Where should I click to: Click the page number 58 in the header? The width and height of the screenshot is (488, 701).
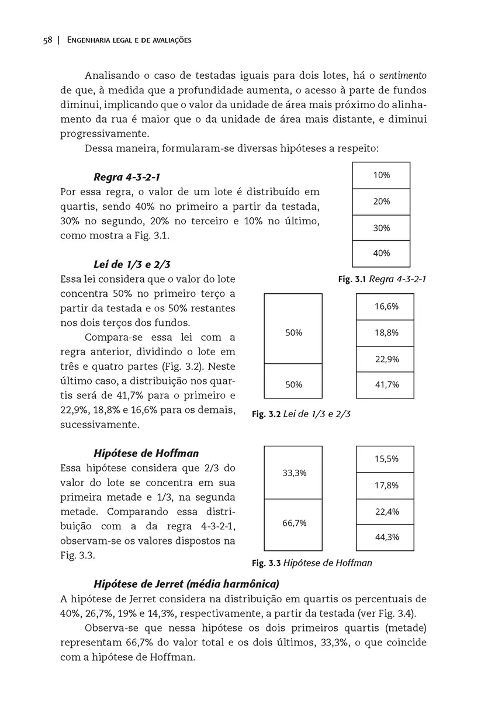pyautogui.click(x=47, y=40)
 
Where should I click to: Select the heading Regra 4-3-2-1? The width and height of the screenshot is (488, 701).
pyautogui.click(x=127, y=176)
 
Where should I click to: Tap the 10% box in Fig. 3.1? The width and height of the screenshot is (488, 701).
pyautogui.click(x=381, y=175)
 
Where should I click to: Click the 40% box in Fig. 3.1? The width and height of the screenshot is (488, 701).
pyautogui.click(x=381, y=254)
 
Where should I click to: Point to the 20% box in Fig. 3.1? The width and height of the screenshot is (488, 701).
pyautogui.click(x=381, y=202)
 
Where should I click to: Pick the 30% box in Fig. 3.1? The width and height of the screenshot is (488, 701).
pyautogui.click(x=381, y=228)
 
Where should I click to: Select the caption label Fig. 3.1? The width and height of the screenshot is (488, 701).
pyautogui.click(x=352, y=279)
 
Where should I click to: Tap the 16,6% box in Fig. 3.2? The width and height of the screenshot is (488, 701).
pyautogui.click(x=386, y=307)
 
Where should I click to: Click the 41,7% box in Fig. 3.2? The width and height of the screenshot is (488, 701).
pyautogui.click(x=386, y=385)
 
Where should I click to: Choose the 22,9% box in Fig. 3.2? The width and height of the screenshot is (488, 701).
pyautogui.click(x=386, y=359)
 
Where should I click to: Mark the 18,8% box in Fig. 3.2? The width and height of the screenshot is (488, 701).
pyautogui.click(x=386, y=333)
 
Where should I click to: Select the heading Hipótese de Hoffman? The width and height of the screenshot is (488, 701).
pyautogui.click(x=146, y=453)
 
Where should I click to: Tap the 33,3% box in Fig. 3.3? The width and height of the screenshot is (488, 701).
pyautogui.click(x=294, y=473)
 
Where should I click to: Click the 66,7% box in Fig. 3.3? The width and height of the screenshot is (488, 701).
pyautogui.click(x=294, y=524)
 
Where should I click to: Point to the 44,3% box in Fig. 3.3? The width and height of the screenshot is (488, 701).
pyautogui.click(x=386, y=537)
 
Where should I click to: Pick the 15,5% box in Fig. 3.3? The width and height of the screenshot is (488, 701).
pyautogui.click(x=386, y=459)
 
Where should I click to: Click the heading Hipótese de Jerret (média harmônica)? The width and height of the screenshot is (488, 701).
pyautogui.click(x=186, y=584)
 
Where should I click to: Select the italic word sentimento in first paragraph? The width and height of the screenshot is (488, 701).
pyautogui.click(x=403, y=76)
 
